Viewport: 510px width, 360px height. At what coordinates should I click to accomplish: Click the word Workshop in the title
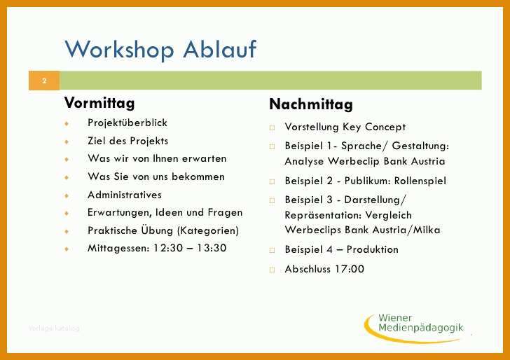tap(119, 50)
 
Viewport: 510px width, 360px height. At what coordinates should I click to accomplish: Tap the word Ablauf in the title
tap(220, 49)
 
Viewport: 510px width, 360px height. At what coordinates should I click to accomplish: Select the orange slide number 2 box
tap(44, 81)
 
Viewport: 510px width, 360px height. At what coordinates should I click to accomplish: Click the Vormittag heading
tap(99, 103)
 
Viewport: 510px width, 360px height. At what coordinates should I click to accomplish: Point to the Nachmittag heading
tap(311, 104)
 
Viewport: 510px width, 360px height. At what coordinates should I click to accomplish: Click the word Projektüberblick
tap(127, 123)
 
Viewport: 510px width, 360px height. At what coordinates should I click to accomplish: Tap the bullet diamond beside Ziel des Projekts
tap(67, 141)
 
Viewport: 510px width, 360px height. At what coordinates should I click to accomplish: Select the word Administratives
tap(125, 195)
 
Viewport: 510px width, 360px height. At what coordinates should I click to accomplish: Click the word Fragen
tap(225, 213)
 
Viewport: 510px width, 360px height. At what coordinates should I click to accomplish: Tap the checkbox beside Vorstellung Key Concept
tap(272, 127)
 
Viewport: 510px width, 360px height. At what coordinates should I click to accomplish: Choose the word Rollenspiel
tap(420, 181)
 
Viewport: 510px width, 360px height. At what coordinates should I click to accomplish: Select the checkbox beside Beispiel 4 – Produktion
tap(272, 250)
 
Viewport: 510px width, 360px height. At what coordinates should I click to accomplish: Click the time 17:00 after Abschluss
tap(350, 269)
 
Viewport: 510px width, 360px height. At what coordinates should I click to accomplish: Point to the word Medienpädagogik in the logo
tap(421, 328)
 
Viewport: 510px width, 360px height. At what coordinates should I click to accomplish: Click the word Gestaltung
tap(420, 146)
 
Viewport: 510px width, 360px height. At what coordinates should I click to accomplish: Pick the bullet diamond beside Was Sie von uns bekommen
tap(67, 177)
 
